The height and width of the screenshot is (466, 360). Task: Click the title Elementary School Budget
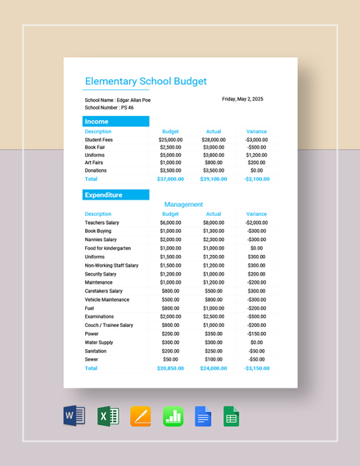[x=146, y=82]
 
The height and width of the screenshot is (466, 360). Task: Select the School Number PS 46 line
[x=109, y=107]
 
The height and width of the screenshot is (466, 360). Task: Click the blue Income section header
[x=115, y=121]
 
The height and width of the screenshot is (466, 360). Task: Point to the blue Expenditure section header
[x=115, y=195]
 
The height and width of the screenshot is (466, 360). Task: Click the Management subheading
[x=182, y=204]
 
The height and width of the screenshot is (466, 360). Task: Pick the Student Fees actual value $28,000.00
[x=213, y=140]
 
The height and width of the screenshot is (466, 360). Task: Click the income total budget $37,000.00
[x=170, y=178]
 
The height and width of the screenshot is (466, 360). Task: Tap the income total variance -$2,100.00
[x=255, y=178]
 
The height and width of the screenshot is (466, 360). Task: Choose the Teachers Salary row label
[x=102, y=222]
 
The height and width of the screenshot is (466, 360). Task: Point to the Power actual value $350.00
[x=213, y=334]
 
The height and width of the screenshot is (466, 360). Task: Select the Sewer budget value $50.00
[x=170, y=359]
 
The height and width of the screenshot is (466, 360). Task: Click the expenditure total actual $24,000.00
[x=213, y=368]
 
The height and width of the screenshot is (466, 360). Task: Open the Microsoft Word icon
[x=74, y=417]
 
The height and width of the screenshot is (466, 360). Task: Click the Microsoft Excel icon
[x=108, y=417]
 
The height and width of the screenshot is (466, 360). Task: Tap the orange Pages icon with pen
[x=141, y=417]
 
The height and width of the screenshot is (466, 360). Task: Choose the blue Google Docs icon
[x=203, y=417]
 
